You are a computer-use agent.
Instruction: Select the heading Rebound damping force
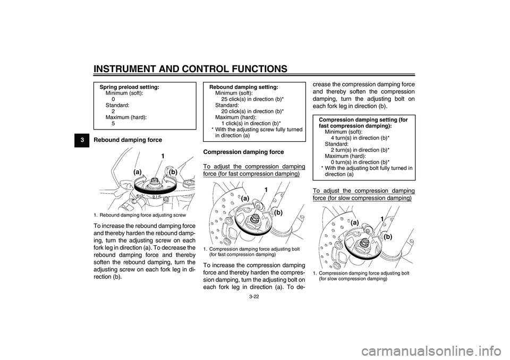(x=128, y=140)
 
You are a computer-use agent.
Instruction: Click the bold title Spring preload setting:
(x=130, y=87)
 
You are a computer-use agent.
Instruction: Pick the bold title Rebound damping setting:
(x=244, y=87)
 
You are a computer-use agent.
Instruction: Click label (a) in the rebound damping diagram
(x=138, y=173)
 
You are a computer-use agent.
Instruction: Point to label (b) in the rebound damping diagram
(x=173, y=173)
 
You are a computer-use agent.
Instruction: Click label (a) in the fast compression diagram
(x=245, y=198)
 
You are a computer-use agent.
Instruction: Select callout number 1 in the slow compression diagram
(x=381, y=219)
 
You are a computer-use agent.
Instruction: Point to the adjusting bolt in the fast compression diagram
(x=256, y=218)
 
